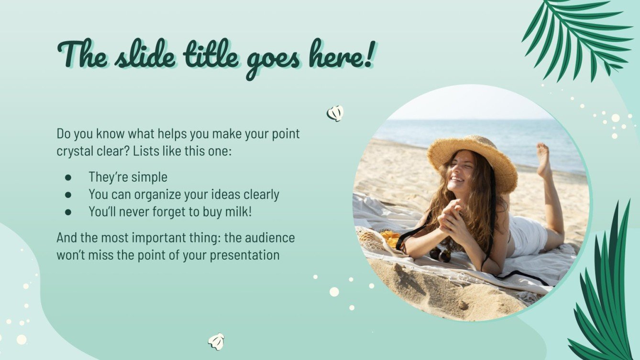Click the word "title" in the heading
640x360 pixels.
click(211, 56)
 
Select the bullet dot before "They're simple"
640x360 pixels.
click(68, 177)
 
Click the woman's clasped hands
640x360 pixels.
click(450, 218)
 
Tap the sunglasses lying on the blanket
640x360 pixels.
click(440, 254)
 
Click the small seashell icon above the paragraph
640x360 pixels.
click(335, 113)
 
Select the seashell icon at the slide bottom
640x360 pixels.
click(216, 341)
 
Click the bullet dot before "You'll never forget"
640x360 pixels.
click(68, 212)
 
